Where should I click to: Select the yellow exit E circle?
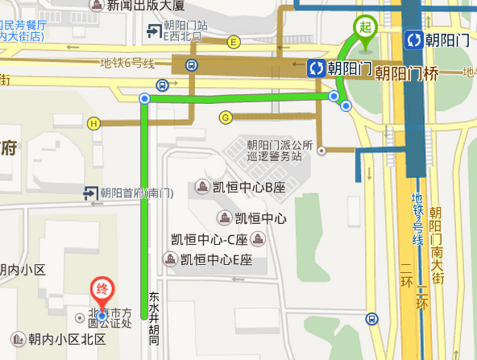[x=234, y=42]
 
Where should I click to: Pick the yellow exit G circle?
[x=225, y=117]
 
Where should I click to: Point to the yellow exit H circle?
[x=95, y=123]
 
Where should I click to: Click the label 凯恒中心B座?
[x=249, y=188]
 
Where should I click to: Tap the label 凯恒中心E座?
[x=216, y=259]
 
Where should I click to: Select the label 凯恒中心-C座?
[x=209, y=239]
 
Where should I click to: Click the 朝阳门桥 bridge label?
[x=406, y=72]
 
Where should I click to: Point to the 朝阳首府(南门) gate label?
[x=136, y=192]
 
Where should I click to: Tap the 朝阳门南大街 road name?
[x=437, y=244]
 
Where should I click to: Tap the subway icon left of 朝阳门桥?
[x=316, y=68]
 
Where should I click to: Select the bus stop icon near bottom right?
[x=372, y=319]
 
